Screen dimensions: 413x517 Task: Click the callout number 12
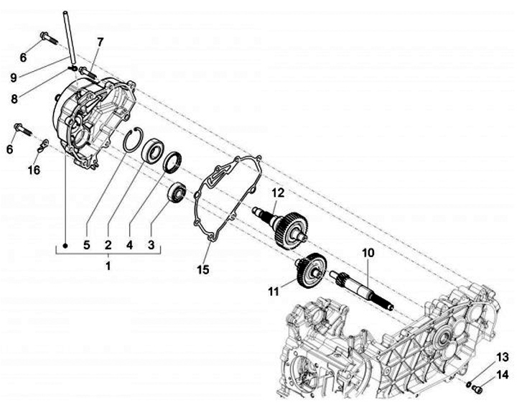click(278, 192)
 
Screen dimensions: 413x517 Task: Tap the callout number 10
click(368, 253)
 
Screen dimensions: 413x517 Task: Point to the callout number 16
click(34, 170)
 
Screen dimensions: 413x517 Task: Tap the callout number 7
click(100, 42)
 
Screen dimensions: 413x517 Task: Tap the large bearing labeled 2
click(153, 153)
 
